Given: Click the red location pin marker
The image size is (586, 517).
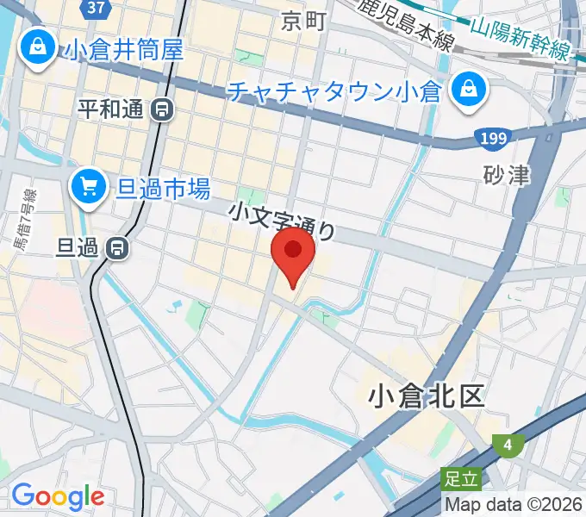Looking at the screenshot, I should click(293, 252).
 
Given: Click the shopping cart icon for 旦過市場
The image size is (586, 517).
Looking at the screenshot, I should click(88, 184).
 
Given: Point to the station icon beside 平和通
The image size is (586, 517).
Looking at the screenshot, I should click(161, 109).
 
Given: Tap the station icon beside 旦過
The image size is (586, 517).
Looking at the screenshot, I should click(116, 248).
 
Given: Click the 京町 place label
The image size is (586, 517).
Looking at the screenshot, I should click(303, 22).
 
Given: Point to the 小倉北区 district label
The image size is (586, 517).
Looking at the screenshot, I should click(426, 396).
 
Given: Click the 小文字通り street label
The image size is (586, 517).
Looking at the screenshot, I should click(282, 221).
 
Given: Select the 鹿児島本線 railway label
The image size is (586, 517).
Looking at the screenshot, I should click(405, 23).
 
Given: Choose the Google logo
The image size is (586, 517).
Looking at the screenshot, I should click(57, 496).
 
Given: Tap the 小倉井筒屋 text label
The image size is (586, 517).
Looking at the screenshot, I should click(124, 49).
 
